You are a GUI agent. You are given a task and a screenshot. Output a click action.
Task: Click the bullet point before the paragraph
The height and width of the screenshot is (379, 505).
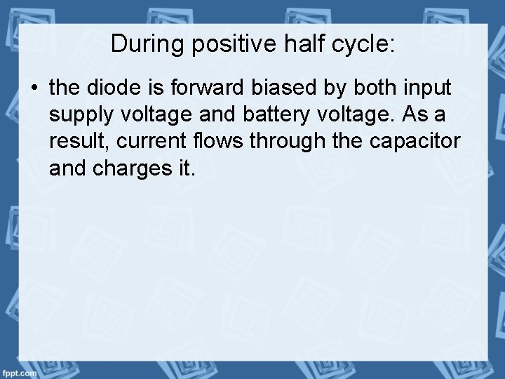[x=35, y=89]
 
